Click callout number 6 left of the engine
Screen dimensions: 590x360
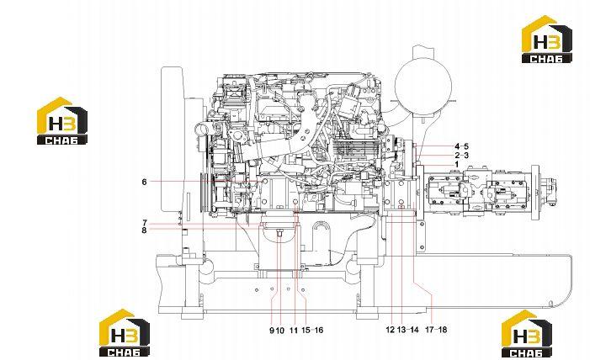144,182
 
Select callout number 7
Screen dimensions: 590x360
144,223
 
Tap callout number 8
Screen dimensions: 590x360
144,230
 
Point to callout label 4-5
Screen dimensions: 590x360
461,146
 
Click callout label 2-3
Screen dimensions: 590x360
461,156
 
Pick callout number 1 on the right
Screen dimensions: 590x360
457,164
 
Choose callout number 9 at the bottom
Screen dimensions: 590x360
272,331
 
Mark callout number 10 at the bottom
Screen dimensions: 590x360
279,331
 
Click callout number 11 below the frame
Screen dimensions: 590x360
294,331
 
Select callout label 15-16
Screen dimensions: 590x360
312,331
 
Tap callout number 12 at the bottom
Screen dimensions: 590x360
391,330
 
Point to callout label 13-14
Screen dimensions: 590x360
408,330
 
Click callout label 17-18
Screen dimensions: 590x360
436,330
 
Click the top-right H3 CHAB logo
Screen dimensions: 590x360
547,40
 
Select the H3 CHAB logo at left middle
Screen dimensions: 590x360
62,121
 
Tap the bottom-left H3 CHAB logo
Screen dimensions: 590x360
125,333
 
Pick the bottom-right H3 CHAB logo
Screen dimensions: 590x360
527,334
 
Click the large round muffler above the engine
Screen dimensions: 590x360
423,87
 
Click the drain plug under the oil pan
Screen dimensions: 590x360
279,234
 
